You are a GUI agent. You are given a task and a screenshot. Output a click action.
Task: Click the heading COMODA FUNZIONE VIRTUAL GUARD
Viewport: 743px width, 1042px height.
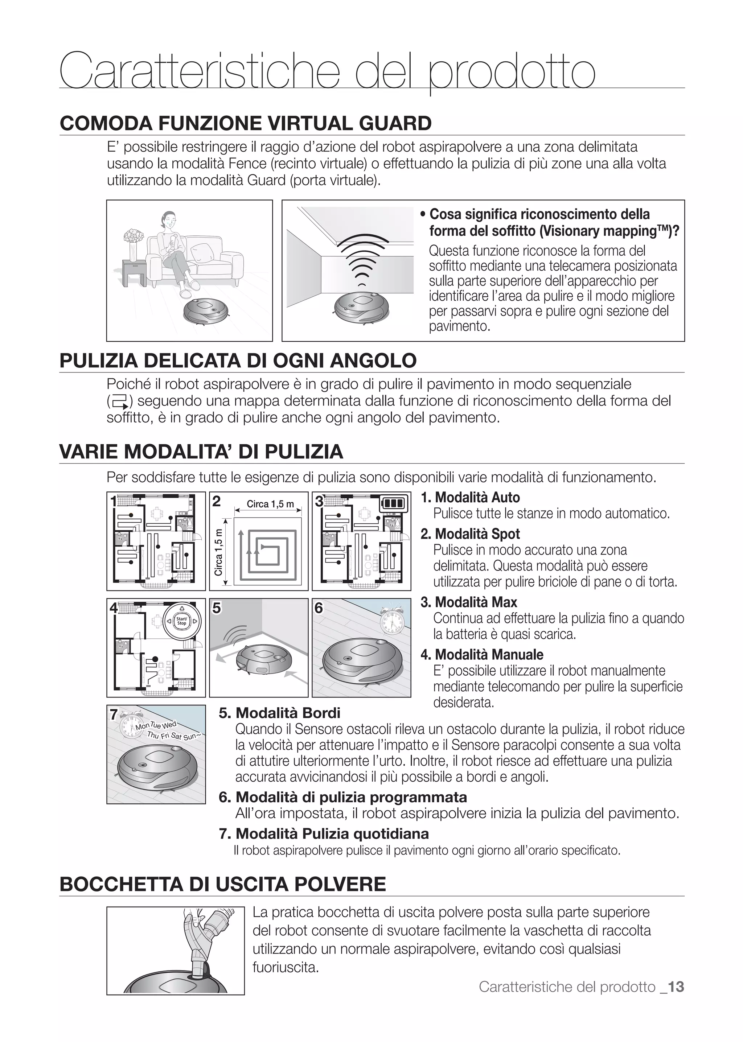click(246, 124)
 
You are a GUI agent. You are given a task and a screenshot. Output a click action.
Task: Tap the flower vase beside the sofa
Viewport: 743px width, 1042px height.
click(133, 245)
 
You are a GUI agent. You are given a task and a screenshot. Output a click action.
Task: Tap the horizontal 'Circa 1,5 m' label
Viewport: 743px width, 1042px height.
click(270, 504)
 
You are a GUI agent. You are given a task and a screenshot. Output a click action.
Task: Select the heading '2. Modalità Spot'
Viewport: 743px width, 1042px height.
click(470, 534)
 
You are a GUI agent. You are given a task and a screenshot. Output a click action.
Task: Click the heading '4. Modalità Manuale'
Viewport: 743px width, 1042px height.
click(482, 655)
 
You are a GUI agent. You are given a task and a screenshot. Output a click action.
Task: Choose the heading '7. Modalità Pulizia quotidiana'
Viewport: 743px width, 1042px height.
click(324, 833)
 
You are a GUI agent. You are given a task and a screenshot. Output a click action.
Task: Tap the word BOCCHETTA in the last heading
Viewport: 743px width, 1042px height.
click(122, 884)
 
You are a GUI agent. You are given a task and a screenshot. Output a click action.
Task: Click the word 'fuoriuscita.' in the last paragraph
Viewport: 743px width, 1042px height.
click(286, 967)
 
